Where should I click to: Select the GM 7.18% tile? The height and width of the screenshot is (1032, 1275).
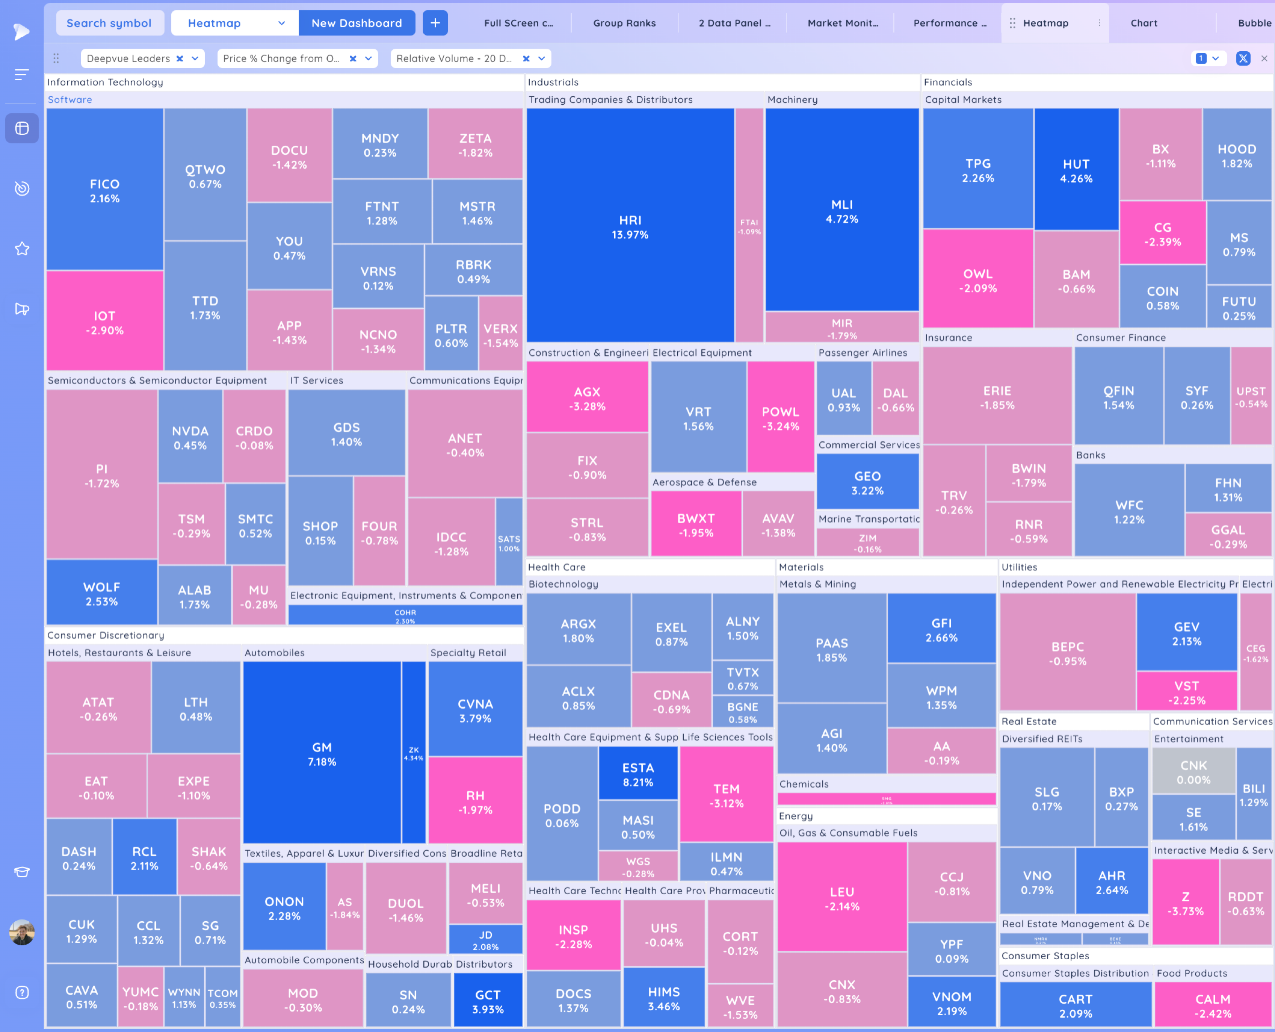point(321,754)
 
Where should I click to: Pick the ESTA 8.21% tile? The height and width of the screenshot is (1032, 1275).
point(637,774)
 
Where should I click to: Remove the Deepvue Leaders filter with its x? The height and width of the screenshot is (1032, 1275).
point(179,58)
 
